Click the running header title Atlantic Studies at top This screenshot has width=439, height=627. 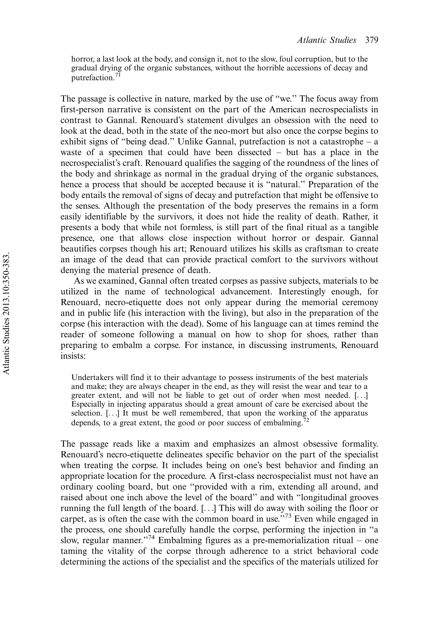326,40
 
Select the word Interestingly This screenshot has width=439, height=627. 302,292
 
